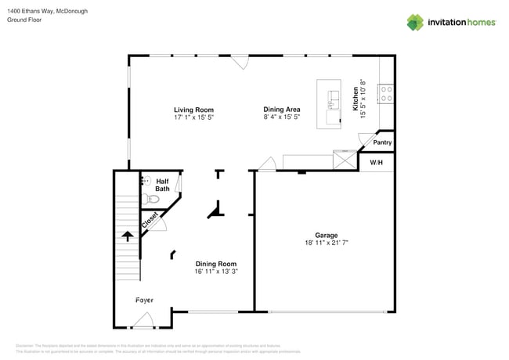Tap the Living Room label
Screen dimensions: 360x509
(x=193, y=110)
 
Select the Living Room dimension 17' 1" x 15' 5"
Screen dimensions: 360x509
(x=193, y=117)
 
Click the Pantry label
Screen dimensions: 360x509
(x=382, y=142)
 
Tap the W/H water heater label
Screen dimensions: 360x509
(x=376, y=163)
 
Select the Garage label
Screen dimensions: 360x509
(x=327, y=235)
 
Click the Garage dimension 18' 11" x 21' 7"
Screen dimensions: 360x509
(x=327, y=243)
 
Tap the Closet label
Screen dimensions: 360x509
(x=150, y=221)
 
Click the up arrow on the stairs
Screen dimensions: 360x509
(x=127, y=236)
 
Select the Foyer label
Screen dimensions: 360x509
(x=143, y=301)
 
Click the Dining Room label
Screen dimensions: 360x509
(x=215, y=264)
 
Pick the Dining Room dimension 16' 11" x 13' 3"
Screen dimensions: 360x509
(x=215, y=272)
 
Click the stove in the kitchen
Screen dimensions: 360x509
(x=386, y=95)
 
